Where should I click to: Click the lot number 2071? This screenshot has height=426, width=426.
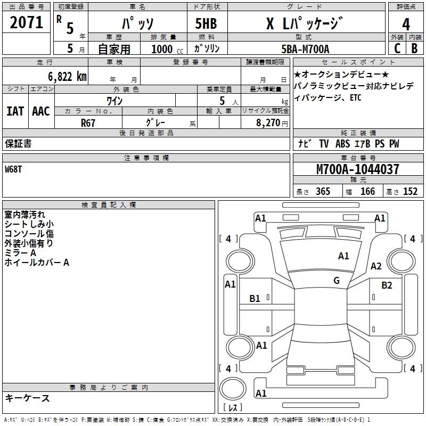[x=27, y=23]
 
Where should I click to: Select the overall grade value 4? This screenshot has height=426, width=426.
[x=406, y=24]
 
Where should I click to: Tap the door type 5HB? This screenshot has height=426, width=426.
[x=206, y=24]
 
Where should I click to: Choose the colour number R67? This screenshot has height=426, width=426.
[x=88, y=122]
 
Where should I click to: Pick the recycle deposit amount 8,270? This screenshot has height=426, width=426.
[x=266, y=122]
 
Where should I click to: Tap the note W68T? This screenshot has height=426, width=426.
[x=14, y=169]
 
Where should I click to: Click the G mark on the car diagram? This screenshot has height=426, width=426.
[x=337, y=281]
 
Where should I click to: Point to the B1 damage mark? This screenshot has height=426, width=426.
[x=255, y=299]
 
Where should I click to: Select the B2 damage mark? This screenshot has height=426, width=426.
[x=387, y=285]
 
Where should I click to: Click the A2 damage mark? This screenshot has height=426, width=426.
[x=376, y=266]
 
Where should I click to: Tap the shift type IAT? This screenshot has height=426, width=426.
[x=15, y=111]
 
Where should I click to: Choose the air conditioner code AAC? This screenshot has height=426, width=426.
[x=41, y=111]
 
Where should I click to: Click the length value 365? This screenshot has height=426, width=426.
[x=323, y=192]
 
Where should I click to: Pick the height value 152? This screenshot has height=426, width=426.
[x=410, y=192]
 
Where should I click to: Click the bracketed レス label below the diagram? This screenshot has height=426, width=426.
[x=232, y=407]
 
